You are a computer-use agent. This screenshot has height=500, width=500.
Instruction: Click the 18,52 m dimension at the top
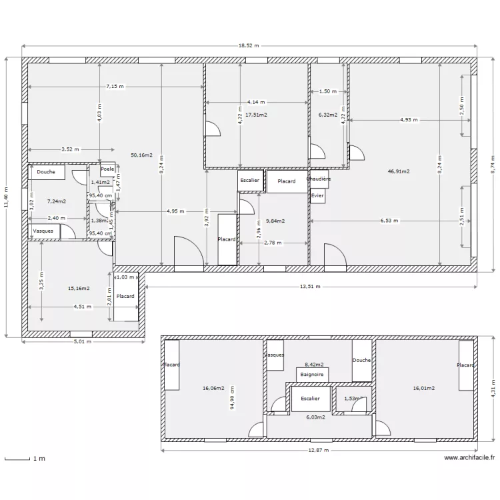point(249,46)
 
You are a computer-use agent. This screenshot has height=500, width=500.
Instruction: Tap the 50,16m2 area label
point(141,155)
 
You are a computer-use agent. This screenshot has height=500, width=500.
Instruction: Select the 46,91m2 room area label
point(398,171)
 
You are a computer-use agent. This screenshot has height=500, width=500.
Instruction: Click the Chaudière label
point(318,179)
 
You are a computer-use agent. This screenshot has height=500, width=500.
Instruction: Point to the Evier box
point(317,195)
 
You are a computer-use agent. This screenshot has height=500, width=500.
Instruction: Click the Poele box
point(107,170)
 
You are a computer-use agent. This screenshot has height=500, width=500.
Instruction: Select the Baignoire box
point(312,375)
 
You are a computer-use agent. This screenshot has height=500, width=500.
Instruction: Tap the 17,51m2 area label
point(256,115)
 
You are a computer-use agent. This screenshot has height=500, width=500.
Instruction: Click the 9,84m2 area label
point(275,221)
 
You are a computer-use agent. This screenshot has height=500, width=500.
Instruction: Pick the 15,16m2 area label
point(79,289)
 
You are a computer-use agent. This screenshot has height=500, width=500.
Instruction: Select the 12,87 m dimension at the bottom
point(319,450)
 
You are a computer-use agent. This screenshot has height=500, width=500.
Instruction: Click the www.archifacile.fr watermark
point(469,458)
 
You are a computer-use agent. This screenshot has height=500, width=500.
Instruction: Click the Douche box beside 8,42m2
point(362,360)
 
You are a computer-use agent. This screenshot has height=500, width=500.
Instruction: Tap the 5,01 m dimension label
point(82,342)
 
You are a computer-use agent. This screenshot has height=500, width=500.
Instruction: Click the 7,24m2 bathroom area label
point(57,200)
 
